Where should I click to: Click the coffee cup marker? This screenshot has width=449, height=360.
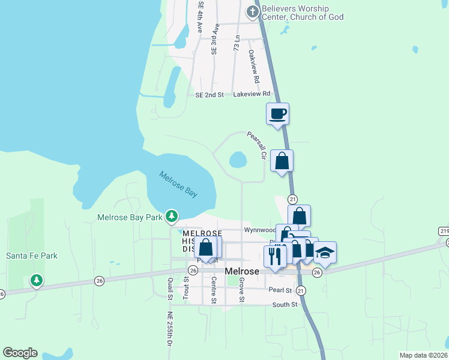click(277, 113)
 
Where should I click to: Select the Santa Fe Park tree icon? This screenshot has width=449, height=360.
click(37, 280)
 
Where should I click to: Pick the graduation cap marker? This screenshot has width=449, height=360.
click(325, 252)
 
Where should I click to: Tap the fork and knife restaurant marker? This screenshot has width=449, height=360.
click(275, 256)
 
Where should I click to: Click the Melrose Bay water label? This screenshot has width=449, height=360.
click(178, 184)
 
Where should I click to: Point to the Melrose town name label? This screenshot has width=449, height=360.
click(241, 271)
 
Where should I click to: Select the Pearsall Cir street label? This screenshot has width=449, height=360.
click(256, 146)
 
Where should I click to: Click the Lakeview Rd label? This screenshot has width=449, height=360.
click(252, 94)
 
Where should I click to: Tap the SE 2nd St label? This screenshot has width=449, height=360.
click(209, 95)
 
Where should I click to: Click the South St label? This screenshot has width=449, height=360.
click(285, 305)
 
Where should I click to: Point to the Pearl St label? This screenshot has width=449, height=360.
click(280, 290)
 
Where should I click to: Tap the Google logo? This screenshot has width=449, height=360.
click(20, 353)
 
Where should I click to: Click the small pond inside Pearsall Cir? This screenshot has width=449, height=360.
click(238, 160)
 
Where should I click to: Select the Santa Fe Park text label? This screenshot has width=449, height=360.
click(32, 256)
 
